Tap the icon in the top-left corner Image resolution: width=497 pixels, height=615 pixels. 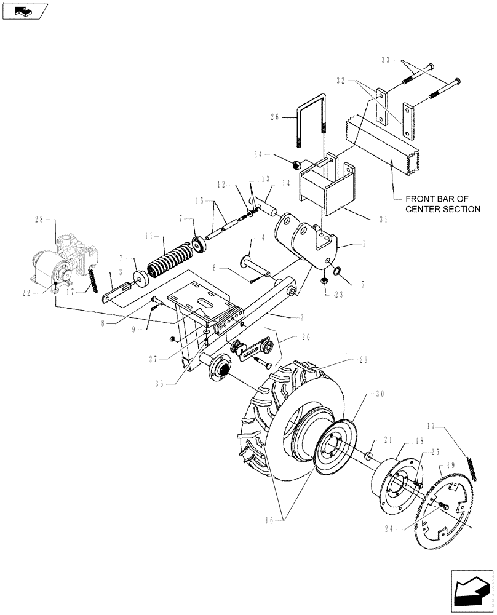(x=25, y=11)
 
